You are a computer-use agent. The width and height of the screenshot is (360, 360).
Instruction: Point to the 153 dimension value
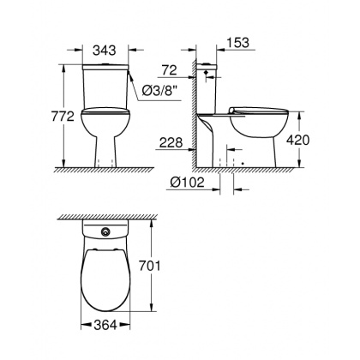point(240,41)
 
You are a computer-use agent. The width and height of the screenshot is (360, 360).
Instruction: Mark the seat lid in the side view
point(261,110)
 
